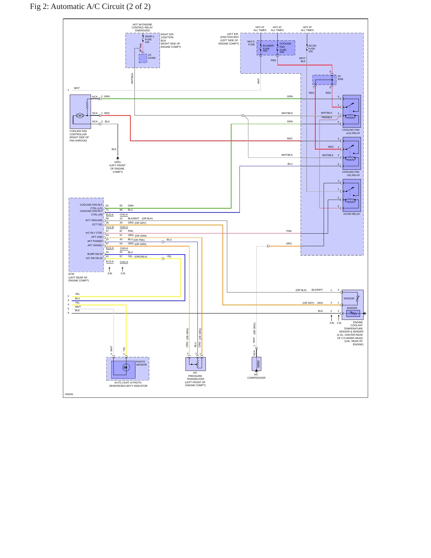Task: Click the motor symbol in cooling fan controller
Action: tap(80, 115)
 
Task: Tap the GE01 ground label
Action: tap(118, 162)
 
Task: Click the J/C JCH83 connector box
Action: tap(143, 58)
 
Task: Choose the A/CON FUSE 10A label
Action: tap(312, 48)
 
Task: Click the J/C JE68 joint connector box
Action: tap(325, 80)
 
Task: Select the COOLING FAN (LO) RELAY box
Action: tap(352, 111)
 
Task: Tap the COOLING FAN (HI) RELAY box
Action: tap(352, 153)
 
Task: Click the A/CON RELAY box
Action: tap(352, 195)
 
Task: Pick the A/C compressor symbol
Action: tap(257, 364)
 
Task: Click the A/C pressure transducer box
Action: tap(195, 364)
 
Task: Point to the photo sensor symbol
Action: tap(126, 367)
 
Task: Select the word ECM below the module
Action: tap(71, 274)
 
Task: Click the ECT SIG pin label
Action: tap(97, 224)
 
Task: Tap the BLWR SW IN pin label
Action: tap(95, 254)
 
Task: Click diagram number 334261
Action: tap(69, 394)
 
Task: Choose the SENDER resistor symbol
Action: tap(353, 313)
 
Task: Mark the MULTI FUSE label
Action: tap(251, 43)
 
